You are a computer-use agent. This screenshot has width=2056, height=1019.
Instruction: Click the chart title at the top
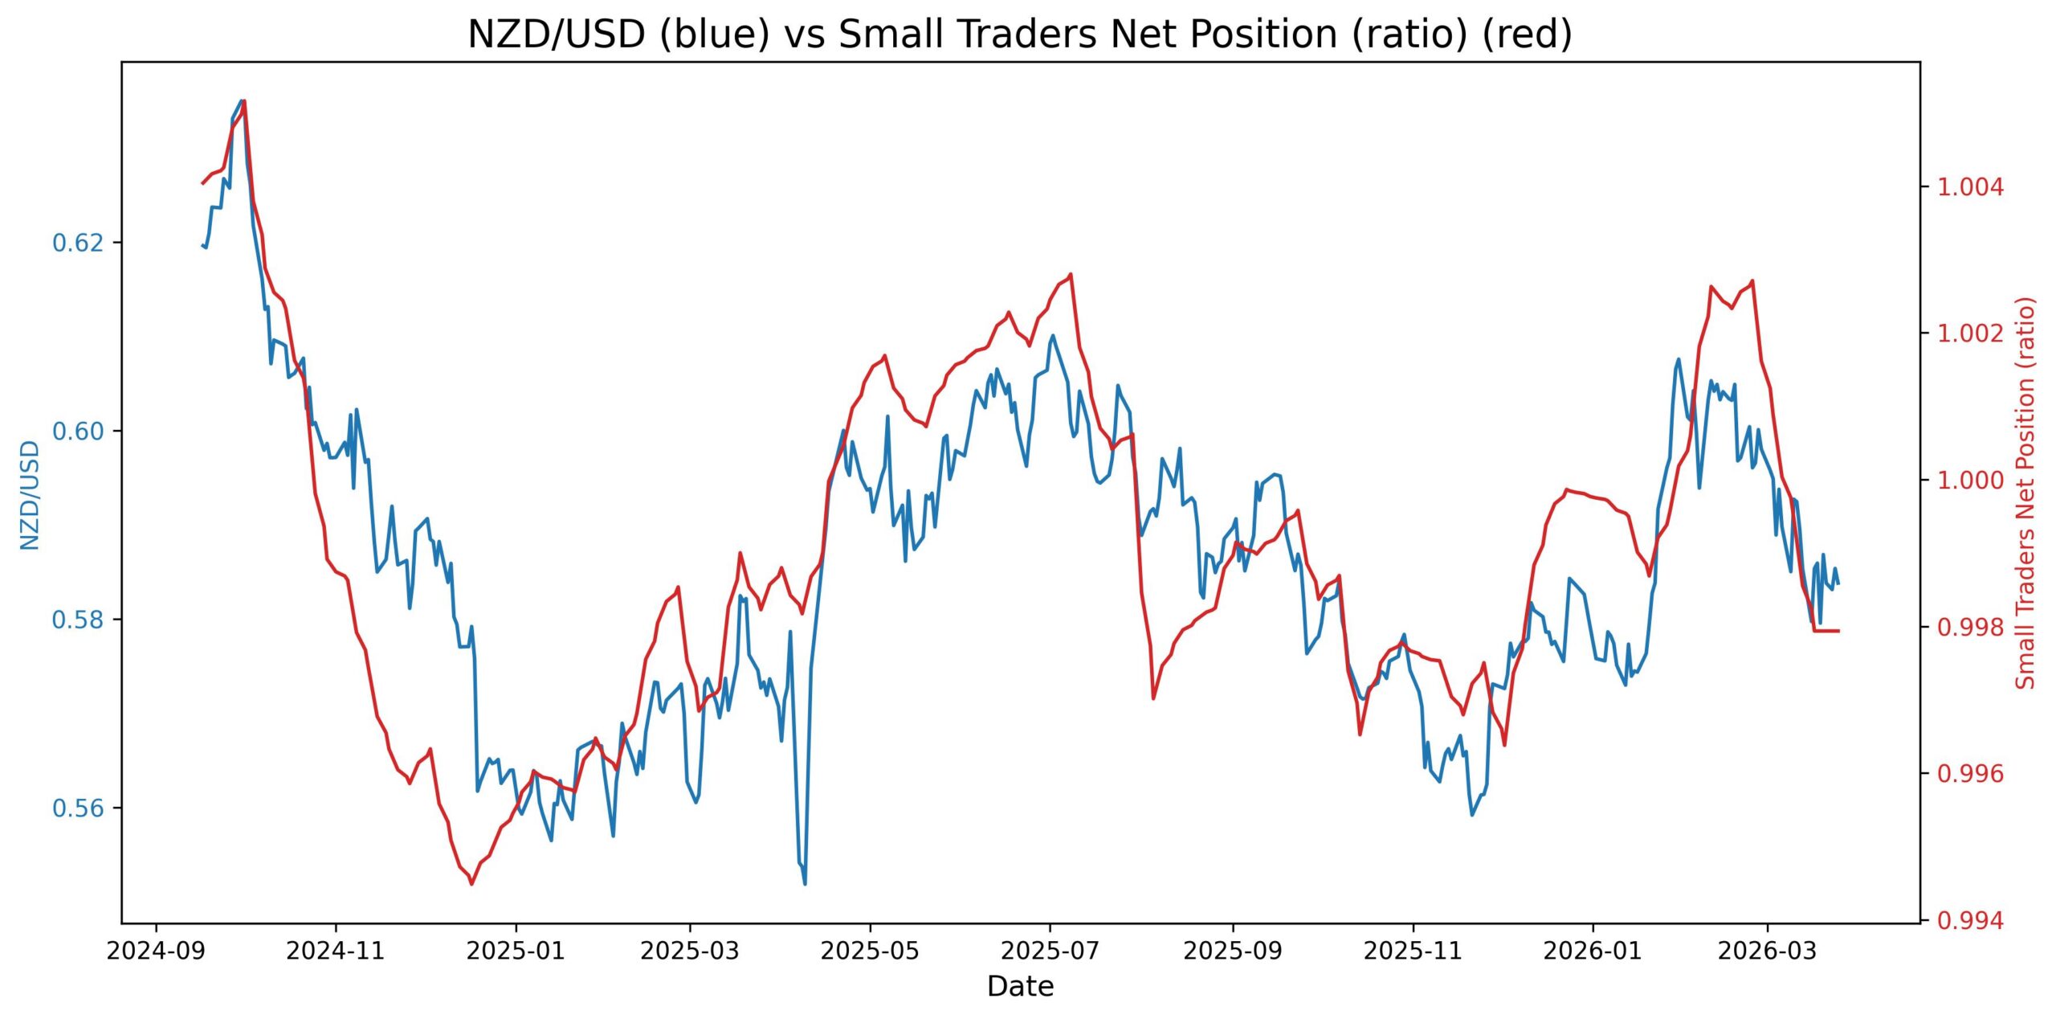pyautogui.click(x=1020, y=35)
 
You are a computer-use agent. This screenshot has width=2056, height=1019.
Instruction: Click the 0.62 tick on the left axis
pyautogui.click(x=79, y=243)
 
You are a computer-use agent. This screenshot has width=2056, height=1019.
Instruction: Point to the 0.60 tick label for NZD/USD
pyautogui.click(x=79, y=432)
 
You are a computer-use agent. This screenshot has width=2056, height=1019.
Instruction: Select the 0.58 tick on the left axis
pyautogui.click(x=79, y=620)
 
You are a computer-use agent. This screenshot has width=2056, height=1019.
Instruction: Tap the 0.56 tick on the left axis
pyautogui.click(x=79, y=808)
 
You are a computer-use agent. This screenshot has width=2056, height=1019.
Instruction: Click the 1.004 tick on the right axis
pyautogui.click(x=1971, y=187)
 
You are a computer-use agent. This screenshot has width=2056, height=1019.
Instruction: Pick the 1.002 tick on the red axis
pyautogui.click(x=1971, y=334)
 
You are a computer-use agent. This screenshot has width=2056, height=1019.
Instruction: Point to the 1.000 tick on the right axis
pyautogui.click(x=1971, y=481)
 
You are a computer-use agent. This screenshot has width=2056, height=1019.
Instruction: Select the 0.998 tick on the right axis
pyautogui.click(x=1971, y=628)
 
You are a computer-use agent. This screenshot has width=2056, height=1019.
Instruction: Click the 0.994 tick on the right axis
pyautogui.click(x=1971, y=921)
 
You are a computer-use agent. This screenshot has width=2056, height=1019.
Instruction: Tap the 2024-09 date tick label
pyautogui.click(x=156, y=951)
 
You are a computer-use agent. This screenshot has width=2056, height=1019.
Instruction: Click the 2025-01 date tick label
pyautogui.click(x=516, y=951)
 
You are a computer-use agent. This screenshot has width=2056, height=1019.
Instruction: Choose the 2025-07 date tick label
pyautogui.click(x=1050, y=951)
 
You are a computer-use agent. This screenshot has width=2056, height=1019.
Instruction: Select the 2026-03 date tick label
pyautogui.click(x=1767, y=951)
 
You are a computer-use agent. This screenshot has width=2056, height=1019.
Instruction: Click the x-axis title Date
pyautogui.click(x=1020, y=987)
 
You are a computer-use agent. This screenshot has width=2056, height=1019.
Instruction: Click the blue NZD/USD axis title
pyautogui.click(x=31, y=494)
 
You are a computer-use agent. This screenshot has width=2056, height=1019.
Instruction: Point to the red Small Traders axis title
pyautogui.click(x=2025, y=493)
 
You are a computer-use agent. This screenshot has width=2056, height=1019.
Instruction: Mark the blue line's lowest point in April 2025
pyautogui.click(x=805, y=884)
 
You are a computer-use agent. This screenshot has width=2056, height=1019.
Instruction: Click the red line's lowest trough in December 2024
pyautogui.click(x=471, y=884)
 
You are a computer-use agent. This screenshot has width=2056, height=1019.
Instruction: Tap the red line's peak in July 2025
pyautogui.click(x=1071, y=274)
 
